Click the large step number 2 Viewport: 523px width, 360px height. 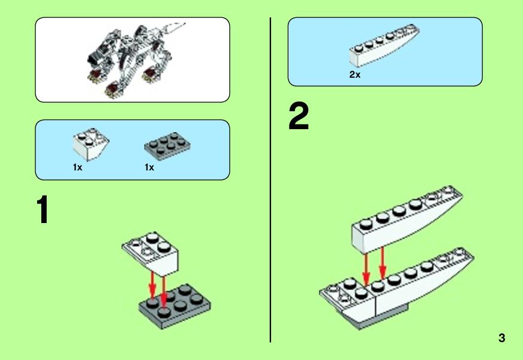point(299,116)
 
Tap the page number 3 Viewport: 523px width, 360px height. point(501,338)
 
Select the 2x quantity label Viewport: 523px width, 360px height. point(355,75)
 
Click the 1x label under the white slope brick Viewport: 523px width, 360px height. point(77,167)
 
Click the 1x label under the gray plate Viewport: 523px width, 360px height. point(150,167)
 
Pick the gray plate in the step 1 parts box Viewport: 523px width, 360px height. point(168,147)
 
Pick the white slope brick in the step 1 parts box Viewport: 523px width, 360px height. point(91,144)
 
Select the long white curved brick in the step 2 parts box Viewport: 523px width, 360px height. point(384,45)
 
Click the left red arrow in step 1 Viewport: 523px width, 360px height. point(153,285)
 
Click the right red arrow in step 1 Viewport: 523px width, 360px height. point(163,292)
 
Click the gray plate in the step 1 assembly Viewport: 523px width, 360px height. point(175,306)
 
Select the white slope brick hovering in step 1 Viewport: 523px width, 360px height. point(150,254)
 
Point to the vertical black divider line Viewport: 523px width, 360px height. point(270,179)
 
